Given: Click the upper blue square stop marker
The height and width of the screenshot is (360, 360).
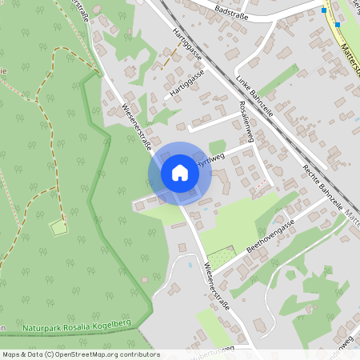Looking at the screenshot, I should click(324, 10).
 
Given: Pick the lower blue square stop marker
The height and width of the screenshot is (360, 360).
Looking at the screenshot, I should click(338, 24).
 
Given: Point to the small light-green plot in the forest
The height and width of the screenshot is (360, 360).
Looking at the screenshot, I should click(58, 228).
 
